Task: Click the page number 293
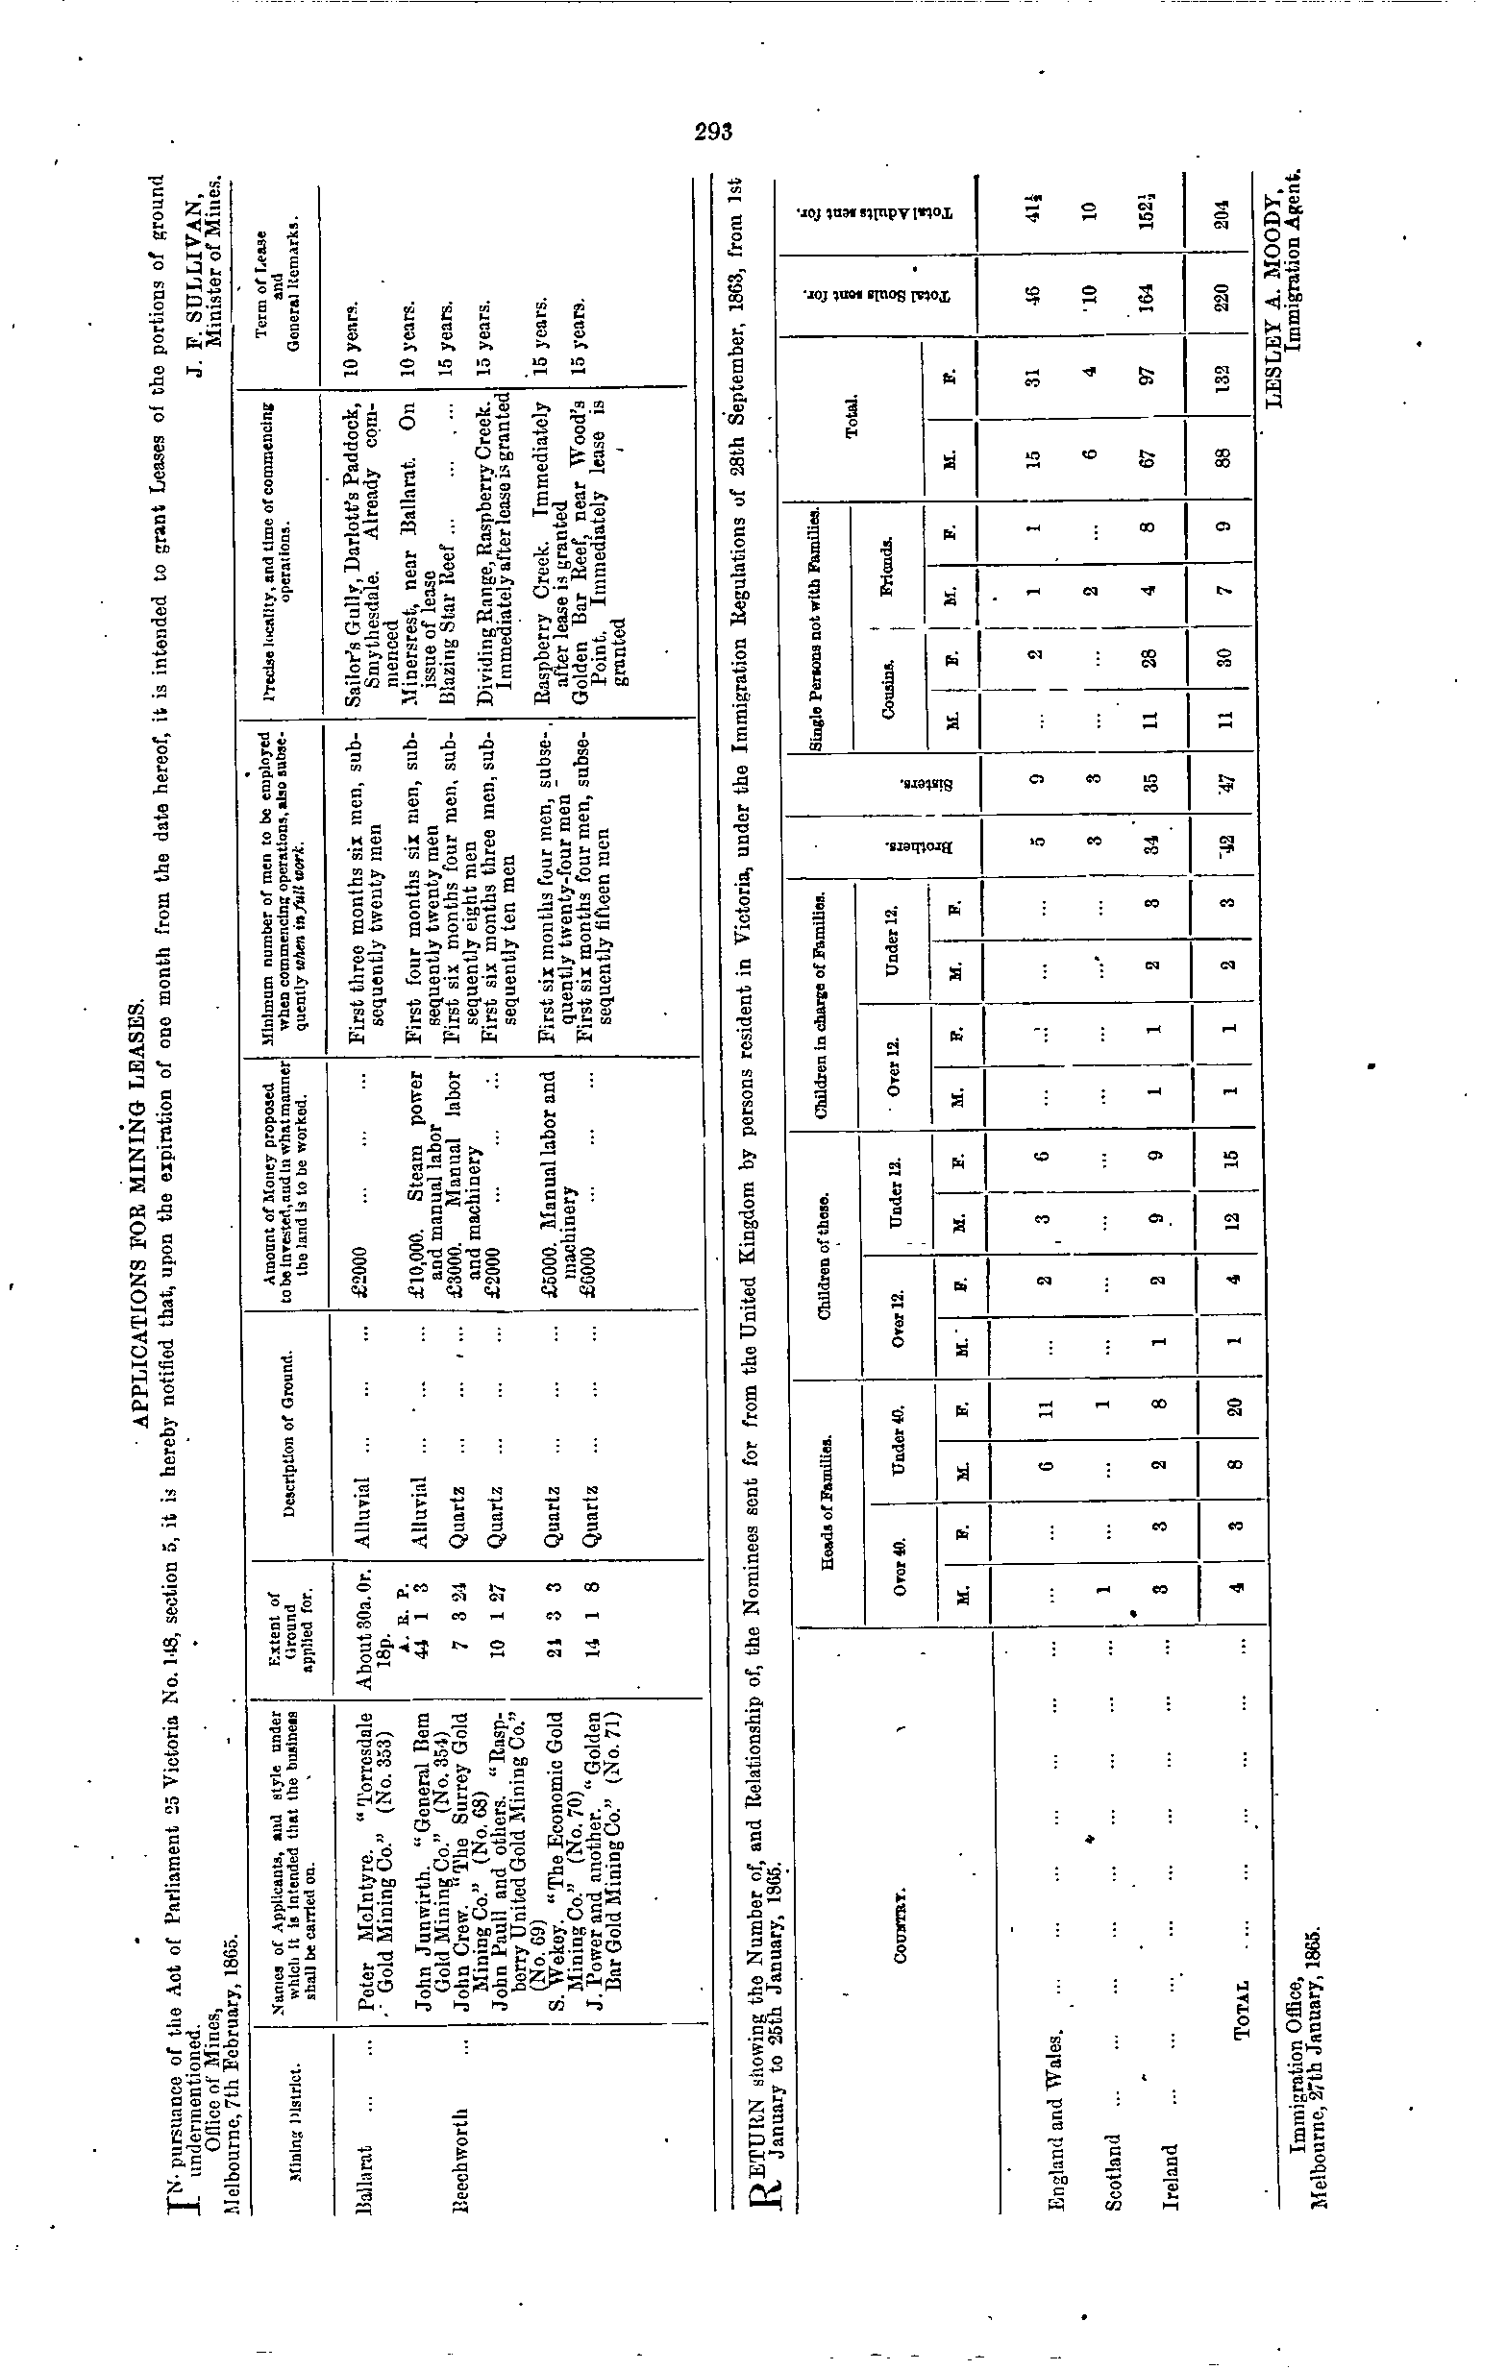pos(711,132)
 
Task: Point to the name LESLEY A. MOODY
pos(1272,305)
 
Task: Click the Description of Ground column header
pos(286,1436)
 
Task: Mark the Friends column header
pos(887,560)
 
